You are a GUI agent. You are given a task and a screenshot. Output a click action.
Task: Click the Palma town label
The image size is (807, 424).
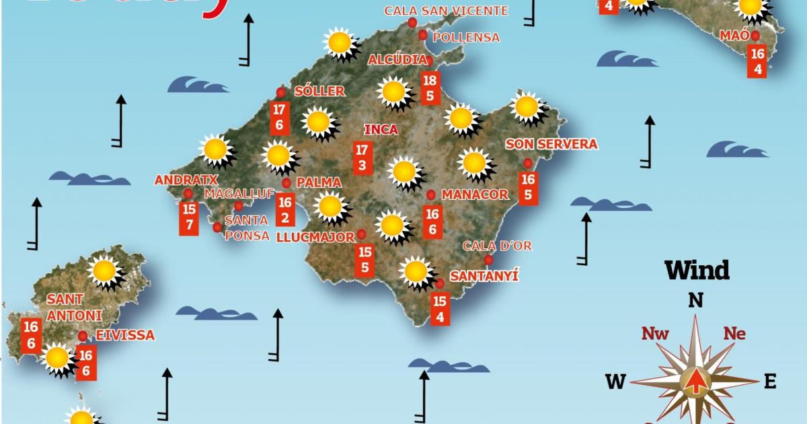pyautogui.click(x=319, y=182)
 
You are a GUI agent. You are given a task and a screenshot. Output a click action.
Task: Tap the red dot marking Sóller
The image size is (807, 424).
pyautogui.click(x=281, y=92)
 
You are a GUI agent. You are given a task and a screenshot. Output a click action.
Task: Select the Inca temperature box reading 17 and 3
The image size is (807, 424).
pyautogui.click(x=362, y=157)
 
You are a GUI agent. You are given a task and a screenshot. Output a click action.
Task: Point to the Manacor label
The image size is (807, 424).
pyautogui.click(x=475, y=195)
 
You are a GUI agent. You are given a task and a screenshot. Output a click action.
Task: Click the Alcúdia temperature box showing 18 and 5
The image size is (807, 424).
pyautogui.click(x=430, y=88)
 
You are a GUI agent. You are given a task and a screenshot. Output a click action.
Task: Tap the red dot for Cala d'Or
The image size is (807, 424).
pyautogui.click(x=488, y=260)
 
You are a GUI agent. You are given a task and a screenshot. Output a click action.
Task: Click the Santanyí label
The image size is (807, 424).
pyautogui.click(x=484, y=276)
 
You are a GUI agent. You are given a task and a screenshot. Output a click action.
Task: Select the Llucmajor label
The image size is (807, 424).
pyautogui.click(x=315, y=237)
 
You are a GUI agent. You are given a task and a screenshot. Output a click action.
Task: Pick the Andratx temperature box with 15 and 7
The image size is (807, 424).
pyautogui.click(x=189, y=217)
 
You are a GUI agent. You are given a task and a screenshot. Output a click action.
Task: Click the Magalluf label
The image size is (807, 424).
pyautogui.click(x=239, y=194)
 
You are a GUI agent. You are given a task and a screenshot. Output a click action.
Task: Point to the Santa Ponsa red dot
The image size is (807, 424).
pyautogui.click(x=217, y=227)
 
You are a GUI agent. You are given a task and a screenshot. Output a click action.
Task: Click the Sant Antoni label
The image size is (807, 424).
pyautogui.click(x=74, y=307)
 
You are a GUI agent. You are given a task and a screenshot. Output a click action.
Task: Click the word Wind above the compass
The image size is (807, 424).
pyautogui.click(x=697, y=271)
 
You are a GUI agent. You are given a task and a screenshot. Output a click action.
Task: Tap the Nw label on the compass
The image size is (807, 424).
pyautogui.click(x=654, y=333)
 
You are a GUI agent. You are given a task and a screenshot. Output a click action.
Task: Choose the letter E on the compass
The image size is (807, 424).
pyautogui.click(x=770, y=382)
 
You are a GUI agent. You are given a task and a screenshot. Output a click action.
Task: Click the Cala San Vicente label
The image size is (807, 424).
pyautogui.click(x=446, y=11)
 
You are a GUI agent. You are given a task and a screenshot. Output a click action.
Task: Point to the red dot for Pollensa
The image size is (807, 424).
pyautogui.click(x=423, y=35)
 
